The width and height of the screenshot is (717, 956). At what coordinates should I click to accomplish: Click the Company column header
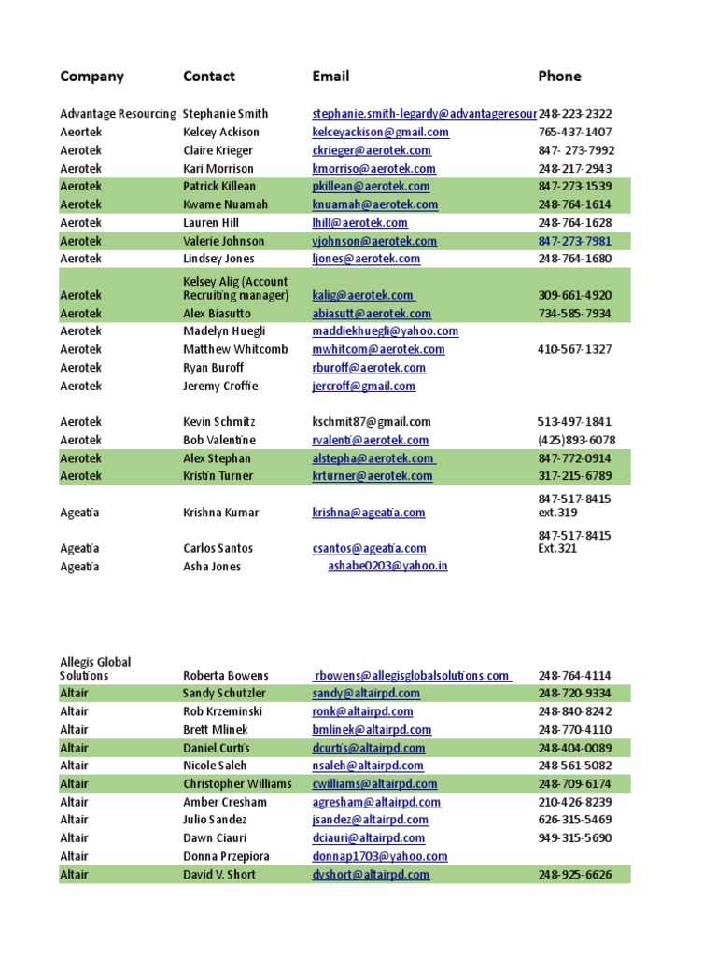click(91, 77)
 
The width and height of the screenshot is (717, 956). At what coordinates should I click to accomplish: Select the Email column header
click(330, 77)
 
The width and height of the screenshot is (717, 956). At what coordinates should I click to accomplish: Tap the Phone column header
click(559, 77)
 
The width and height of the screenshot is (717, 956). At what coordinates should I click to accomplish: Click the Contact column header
click(208, 77)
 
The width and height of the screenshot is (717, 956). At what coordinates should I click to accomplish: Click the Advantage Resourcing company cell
click(118, 114)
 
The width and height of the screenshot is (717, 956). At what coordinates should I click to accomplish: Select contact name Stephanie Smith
click(225, 114)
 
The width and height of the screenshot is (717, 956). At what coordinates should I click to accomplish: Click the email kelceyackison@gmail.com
click(380, 133)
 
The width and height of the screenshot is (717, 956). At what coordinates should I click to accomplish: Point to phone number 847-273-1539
click(575, 187)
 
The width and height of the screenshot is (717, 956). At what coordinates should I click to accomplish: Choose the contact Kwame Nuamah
click(225, 204)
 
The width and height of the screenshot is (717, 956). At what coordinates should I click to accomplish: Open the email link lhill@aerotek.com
click(359, 223)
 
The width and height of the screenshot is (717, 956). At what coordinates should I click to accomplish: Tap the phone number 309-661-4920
click(575, 295)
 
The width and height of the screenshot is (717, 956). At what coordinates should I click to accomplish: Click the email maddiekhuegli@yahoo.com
click(385, 331)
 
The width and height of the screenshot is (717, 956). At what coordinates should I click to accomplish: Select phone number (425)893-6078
click(575, 440)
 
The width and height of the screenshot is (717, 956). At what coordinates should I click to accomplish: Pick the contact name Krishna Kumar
click(220, 513)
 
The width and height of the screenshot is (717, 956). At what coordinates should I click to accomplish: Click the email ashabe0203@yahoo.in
click(387, 567)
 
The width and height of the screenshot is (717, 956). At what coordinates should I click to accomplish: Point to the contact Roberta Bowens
click(225, 676)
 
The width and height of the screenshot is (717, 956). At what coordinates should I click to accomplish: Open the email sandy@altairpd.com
click(366, 694)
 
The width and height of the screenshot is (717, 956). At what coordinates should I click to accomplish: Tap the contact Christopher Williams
click(238, 784)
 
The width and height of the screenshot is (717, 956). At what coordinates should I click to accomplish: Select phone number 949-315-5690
click(575, 838)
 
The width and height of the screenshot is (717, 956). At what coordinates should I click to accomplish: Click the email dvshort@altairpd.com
click(371, 875)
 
